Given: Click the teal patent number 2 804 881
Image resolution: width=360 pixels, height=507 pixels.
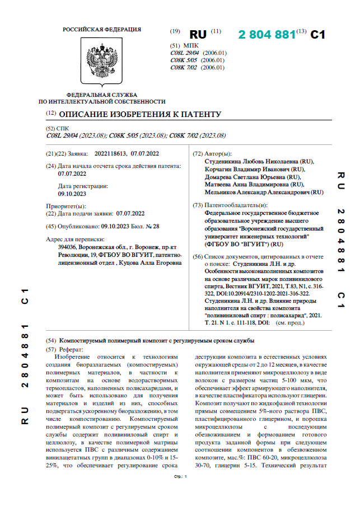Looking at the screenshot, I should (267, 35).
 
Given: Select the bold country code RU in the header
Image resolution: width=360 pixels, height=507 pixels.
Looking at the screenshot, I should (198, 35).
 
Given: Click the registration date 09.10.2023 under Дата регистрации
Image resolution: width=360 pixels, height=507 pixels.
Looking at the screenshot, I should (72, 194).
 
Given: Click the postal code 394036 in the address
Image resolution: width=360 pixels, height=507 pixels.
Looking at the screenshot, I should (68, 247).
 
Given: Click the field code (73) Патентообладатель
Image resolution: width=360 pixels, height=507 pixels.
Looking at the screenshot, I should (197, 205).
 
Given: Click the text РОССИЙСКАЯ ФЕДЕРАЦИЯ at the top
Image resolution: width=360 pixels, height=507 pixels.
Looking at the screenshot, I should (102, 29).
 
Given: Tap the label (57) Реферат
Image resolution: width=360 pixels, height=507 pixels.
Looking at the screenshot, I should (63, 349).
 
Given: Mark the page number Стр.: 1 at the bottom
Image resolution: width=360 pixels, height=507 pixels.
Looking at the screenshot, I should (180, 477).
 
